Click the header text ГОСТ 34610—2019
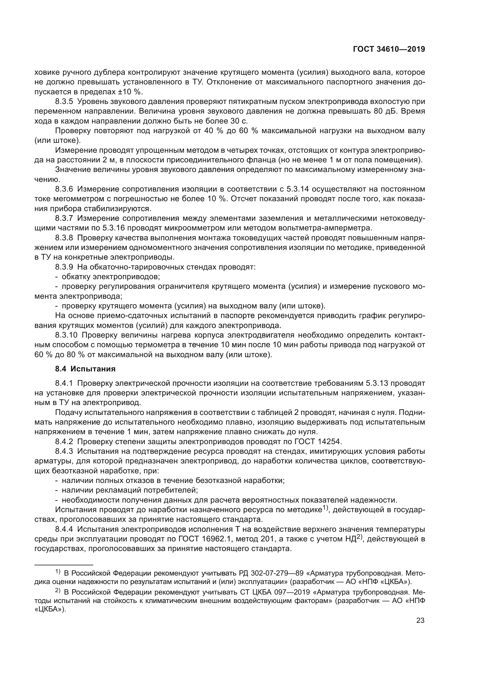click(389, 49)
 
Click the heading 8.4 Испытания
click(85, 369)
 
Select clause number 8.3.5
click(64, 101)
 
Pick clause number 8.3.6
click(64, 189)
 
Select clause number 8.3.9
click(64, 267)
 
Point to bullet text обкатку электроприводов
click(111, 277)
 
